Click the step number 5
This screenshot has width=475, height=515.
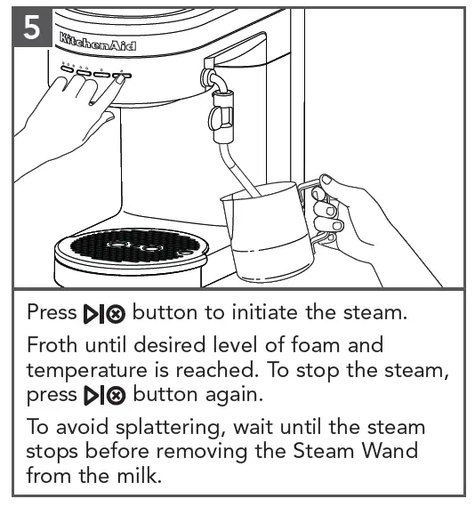coord(32,28)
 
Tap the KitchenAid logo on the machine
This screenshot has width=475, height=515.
coord(98,42)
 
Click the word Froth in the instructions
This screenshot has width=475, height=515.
coord(52,345)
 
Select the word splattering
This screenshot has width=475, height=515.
coord(171,429)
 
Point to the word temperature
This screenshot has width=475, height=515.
coord(86,371)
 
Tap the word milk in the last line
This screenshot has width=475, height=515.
coord(140,475)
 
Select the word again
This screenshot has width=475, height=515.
coord(234,396)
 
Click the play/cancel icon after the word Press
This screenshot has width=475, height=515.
coord(104,314)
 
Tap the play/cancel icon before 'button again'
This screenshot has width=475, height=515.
coord(104,395)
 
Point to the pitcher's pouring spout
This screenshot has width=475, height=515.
coord(226,197)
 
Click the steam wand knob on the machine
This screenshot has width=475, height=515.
coord(218,119)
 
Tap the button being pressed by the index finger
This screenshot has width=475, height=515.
coord(122,76)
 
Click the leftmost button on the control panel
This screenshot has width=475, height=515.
coord(68,68)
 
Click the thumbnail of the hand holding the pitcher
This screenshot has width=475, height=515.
coord(326,180)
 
